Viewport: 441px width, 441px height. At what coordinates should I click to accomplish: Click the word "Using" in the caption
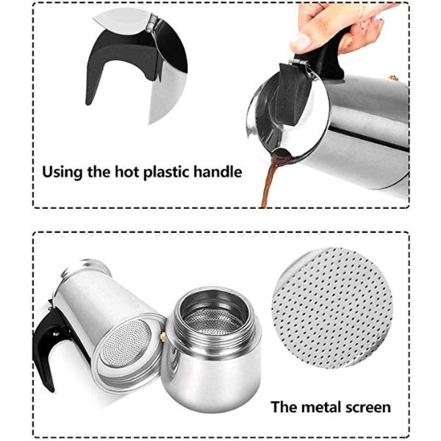pos(62,172)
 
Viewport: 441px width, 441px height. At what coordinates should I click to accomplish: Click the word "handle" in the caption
pos(218,171)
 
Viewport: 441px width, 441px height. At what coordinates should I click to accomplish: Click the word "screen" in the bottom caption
pos(368,407)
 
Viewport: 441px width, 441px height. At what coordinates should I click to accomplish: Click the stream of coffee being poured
pos(268,186)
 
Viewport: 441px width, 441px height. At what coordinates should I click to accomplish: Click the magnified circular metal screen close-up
pos(332,308)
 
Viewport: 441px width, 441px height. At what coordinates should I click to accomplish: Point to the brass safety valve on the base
pos(162,336)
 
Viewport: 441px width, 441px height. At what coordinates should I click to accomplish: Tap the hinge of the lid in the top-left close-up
pos(152,22)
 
